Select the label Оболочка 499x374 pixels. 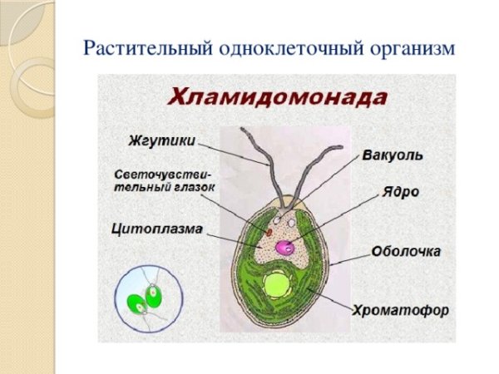pyautogui.click(x=406, y=251)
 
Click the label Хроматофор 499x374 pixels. pyautogui.click(x=401, y=311)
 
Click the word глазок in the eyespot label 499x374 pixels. pyautogui.click(x=191, y=189)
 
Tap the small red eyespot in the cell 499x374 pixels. pyautogui.click(x=269, y=224)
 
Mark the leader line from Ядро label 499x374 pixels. pyautogui.click(x=333, y=220)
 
